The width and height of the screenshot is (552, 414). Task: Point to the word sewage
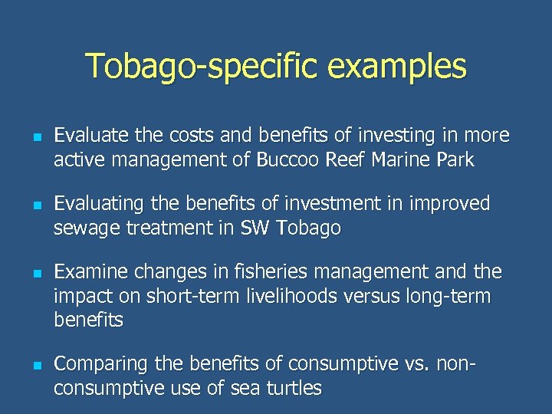[x=80, y=228]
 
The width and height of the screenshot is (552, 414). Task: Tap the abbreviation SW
[x=256, y=228]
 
